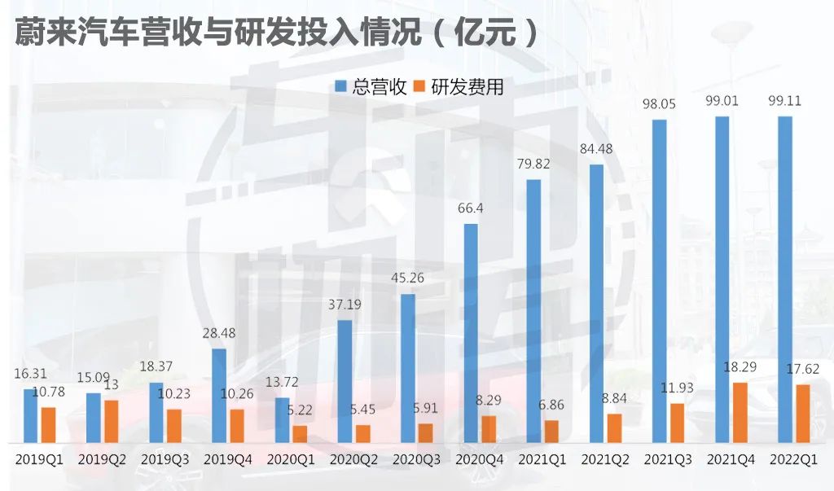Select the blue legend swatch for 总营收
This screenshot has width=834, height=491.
[x=341, y=87]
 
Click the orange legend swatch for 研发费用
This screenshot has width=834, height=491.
[x=420, y=87]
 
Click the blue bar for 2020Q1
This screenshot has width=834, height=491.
[x=282, y=420]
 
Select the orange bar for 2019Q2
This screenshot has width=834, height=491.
[x=111, y=422]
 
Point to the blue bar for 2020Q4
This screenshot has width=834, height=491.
[x=471, y=334]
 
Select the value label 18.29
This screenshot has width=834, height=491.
[x=740, y=368]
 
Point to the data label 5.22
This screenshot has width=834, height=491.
[x=300, y=411]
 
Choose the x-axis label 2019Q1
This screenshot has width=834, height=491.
[x=39, y=460]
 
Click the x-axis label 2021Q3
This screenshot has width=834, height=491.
[x=669, y=460]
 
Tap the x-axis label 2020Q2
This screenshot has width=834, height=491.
[x=353, y=460]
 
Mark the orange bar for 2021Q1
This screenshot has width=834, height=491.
[x=551, y=432]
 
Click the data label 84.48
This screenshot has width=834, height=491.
[x=598, y=150]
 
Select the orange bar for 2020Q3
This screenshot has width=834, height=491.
[x=426, y=433]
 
